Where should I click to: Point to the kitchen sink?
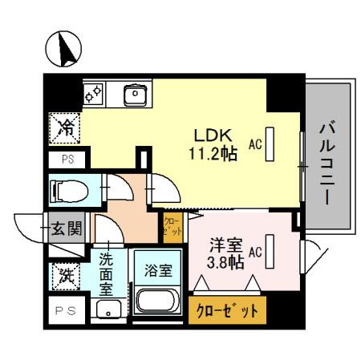point(136,95)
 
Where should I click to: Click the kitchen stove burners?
point(94,95)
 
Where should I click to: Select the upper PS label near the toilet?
point(66,160)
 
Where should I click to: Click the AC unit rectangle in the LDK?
point(270,145)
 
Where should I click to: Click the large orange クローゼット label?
point(227,311)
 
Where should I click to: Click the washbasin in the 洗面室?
point(104,309)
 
